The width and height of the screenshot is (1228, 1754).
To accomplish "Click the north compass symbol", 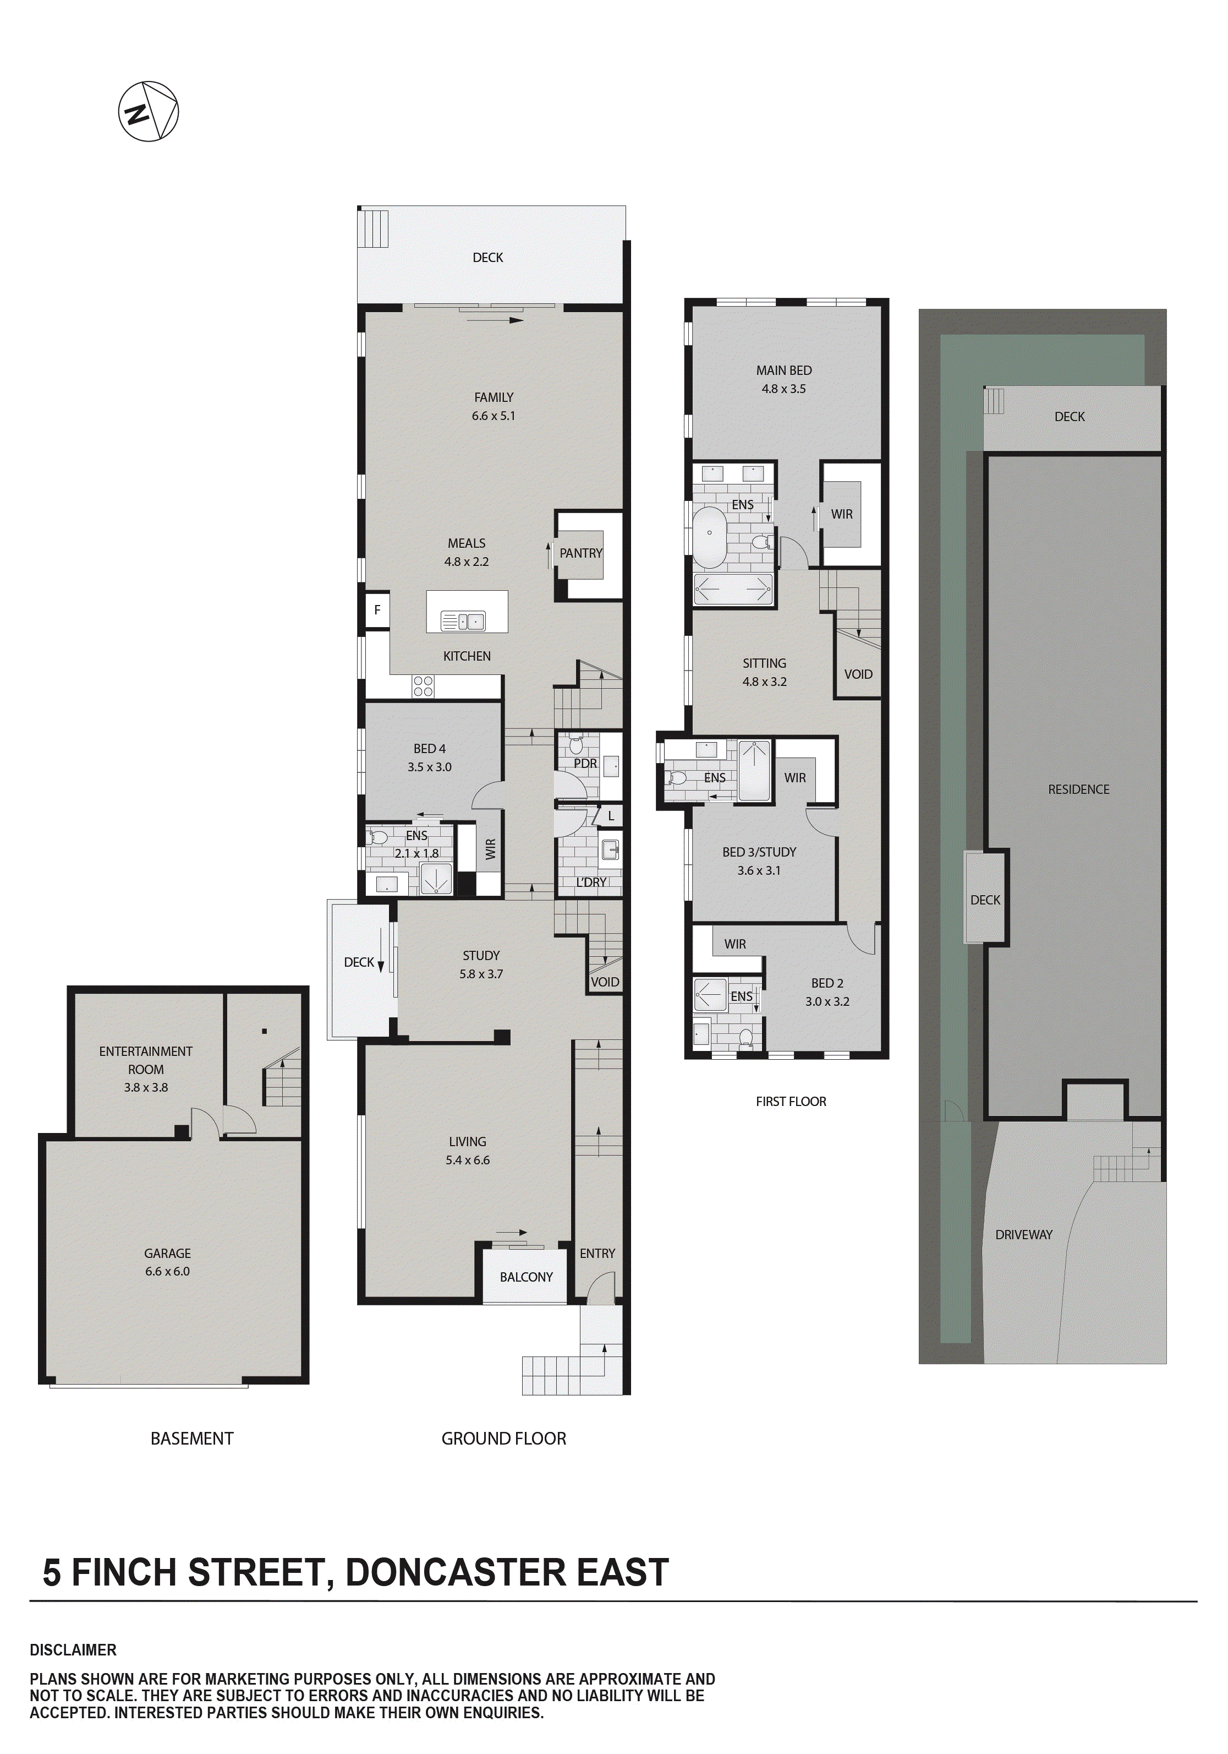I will click(148, 112).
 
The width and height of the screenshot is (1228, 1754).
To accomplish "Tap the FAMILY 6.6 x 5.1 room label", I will click(494, 406).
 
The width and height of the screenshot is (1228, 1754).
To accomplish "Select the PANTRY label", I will click(580, 553).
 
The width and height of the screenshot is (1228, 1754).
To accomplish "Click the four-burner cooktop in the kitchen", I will click(423, 686).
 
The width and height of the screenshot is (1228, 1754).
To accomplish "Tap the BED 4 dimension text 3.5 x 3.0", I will click(429, 767).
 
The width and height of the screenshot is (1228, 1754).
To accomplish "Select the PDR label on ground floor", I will click(585, 763).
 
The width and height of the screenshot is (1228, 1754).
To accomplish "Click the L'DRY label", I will click(591, 883).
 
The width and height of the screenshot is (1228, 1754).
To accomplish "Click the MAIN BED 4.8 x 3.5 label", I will click(783, 379).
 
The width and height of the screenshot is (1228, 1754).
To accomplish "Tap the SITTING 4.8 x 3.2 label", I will click(764, 672).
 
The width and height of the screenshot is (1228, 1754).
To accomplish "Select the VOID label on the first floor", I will click(858, 674).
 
